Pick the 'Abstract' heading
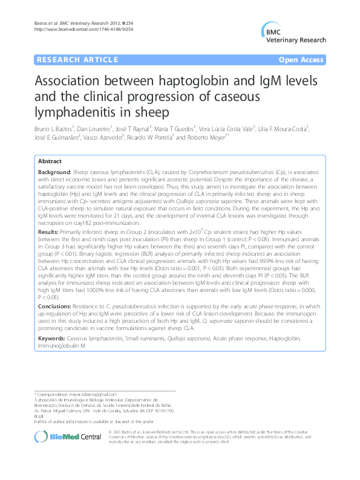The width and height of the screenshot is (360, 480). pos(50,161)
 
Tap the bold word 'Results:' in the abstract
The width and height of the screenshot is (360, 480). pos(48,231)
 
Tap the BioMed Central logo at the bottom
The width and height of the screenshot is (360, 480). pos(64,435)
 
